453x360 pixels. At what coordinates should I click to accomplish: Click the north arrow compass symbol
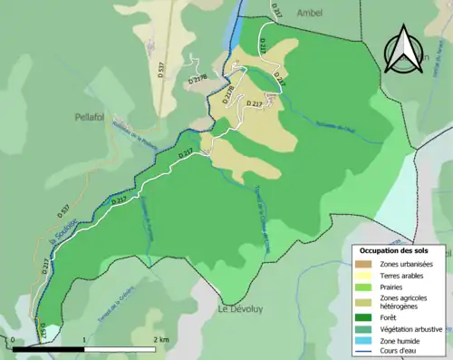[x=405, y=50]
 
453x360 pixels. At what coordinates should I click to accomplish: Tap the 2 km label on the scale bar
[x=160, y=339]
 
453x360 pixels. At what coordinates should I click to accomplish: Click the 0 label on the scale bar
[x=14, y=339]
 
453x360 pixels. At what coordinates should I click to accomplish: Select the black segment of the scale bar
[x=49, y=348]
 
